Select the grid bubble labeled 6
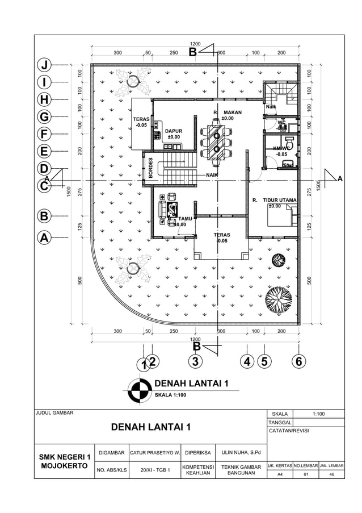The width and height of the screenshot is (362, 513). [x=297, y=361]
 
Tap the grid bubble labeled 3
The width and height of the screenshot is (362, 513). [x=195, y=361]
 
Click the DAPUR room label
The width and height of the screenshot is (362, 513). [x=174, y=134]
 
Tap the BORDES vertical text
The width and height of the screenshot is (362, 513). [x=150, y=167]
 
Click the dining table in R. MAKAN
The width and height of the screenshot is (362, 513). [x=216, y=140]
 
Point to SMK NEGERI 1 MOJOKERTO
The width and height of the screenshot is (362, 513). [x=64, y=461]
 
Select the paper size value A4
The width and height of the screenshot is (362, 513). [x=279, y=474]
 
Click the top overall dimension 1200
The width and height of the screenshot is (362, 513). [x=195, y=44]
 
